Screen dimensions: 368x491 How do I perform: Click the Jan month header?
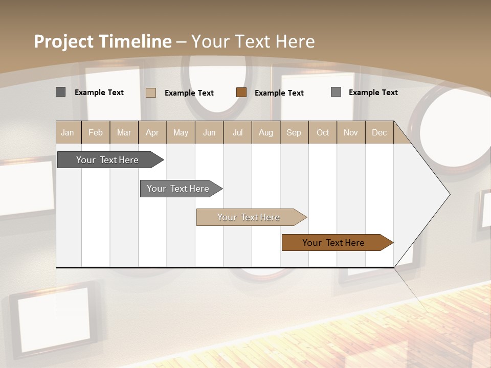pos(68,132)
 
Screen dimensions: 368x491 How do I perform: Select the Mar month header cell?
pos(124,132)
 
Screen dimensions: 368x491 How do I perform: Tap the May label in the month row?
pos(181,132)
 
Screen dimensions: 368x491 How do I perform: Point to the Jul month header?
pos(237,132)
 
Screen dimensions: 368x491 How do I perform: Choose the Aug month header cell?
pos(265,132)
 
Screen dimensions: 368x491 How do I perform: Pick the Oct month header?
pos(323,132)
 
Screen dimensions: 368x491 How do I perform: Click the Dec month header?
pos(379,132)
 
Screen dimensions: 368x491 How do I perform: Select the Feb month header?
pos(96,132)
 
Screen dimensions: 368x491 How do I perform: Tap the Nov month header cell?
pos(350,132)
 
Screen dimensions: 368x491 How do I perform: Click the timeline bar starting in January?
pos(107,160)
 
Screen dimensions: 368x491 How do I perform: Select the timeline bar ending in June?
pos(178,189)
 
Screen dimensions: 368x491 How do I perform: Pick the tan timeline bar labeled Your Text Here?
pos(249,217)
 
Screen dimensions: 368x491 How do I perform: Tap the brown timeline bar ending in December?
pos(333,243)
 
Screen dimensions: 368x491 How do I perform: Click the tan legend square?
pos(151,93)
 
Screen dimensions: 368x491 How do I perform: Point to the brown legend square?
pos(241,93)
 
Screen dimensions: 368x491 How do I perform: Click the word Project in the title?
pos(63,41)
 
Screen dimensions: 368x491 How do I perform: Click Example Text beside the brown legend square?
pos(279,93)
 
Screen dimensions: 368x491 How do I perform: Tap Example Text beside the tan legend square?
pos(189,93)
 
